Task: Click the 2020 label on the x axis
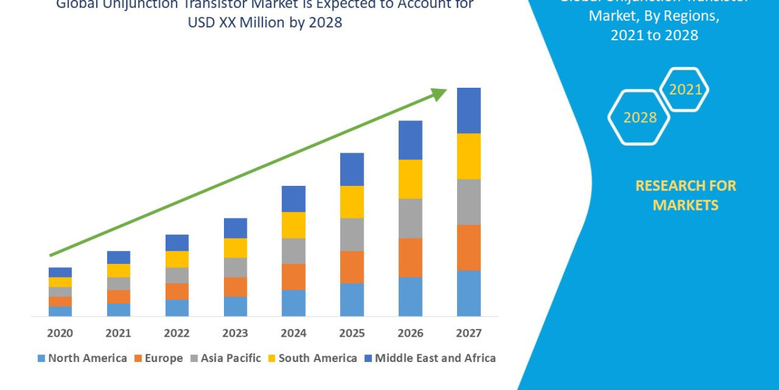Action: pos(60,333)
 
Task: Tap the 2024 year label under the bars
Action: pos(293,333)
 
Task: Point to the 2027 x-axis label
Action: pos(469,333)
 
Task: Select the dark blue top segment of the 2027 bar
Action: pos(469,110)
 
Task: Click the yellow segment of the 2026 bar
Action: pos(410,179)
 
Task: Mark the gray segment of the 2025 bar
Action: pos(352,234)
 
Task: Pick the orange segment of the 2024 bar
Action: pos(293,276)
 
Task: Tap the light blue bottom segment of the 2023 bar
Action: pos(235,306)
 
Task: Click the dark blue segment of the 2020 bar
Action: pos(60,272)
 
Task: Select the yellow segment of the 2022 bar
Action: pos(177,259)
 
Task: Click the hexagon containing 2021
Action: pos(684,90)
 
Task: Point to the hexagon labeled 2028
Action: pos(639,118)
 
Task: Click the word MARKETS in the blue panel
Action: pos(686,205)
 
